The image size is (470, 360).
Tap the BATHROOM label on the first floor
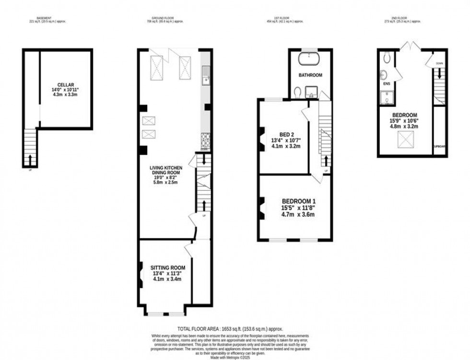tap(310, 75)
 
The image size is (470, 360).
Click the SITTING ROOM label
tap(164, 267)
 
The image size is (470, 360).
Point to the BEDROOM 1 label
tap(298, 201)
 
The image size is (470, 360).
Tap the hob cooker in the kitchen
tap(205, 140)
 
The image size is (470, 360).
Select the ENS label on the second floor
tap(386, 83)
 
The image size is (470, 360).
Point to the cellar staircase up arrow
tap(30, 158)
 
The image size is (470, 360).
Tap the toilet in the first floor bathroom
tap(298, 91)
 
